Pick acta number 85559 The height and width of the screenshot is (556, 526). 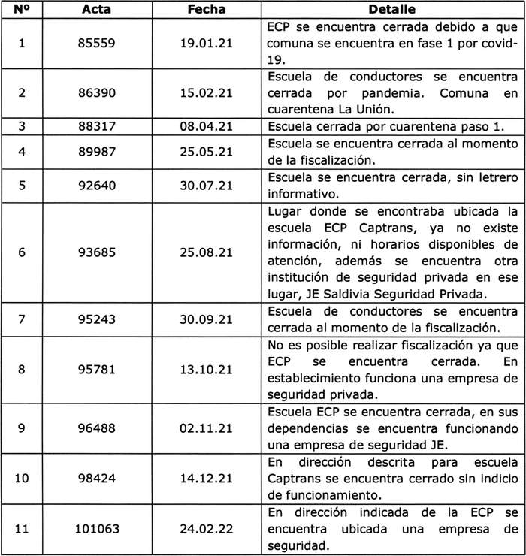click(97, 43)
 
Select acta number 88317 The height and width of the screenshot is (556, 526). click(97, 126)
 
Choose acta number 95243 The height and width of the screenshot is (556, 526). click(97, 319)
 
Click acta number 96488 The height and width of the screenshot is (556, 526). click(97, 427)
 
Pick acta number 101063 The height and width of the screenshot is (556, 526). click(97, 527)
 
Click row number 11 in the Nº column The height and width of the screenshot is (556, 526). click(21, 527)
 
